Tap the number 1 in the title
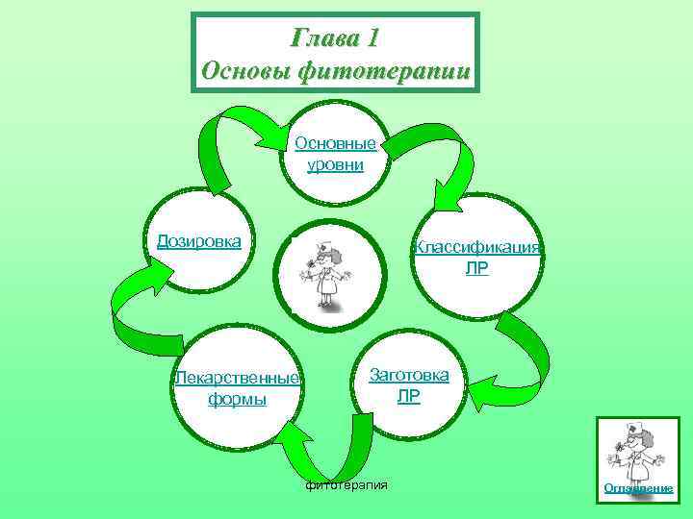point(373,38)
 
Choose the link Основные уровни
point(335,154)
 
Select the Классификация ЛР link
point(477,257)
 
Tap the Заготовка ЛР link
point(408,384)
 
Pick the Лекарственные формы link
point(237,387)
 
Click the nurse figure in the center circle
point(328,273)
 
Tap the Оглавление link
point(638,488)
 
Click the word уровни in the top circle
point(335,164)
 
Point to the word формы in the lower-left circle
point(237,398)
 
